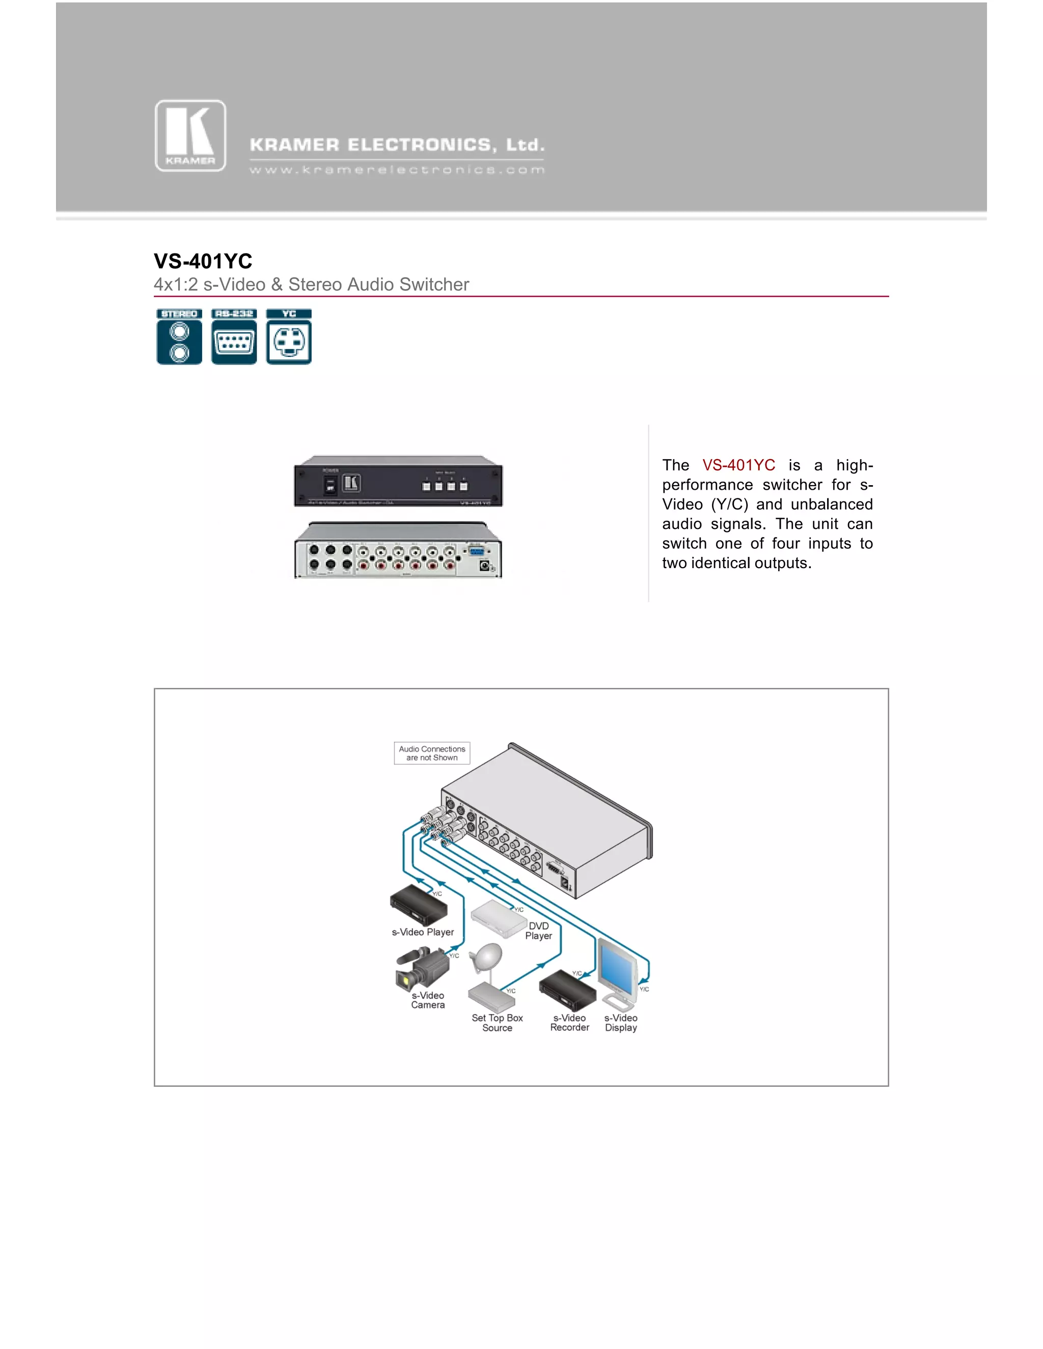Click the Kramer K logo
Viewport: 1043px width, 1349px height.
coord(190,136)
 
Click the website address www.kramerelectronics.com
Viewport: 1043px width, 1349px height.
coord(397,170)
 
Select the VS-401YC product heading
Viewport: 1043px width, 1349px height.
coord(203,261)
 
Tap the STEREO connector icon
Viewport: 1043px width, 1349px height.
coord(179,337)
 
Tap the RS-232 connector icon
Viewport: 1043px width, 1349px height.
coord(234,337)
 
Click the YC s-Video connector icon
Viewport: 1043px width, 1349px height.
coord(289,337)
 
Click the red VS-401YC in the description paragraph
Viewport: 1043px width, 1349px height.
coord(738,465)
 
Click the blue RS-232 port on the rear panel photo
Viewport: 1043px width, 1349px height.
coord(476,552)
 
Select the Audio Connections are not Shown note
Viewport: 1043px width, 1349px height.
coord(432,753)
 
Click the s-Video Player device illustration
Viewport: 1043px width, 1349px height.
coord(418,906)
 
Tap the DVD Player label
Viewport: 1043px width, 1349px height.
coord(539,931)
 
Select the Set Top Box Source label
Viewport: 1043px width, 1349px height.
coord(498,1023)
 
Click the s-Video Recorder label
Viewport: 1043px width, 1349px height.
coord(570,1022)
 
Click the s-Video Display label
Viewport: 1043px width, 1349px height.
coord(621,1023)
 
